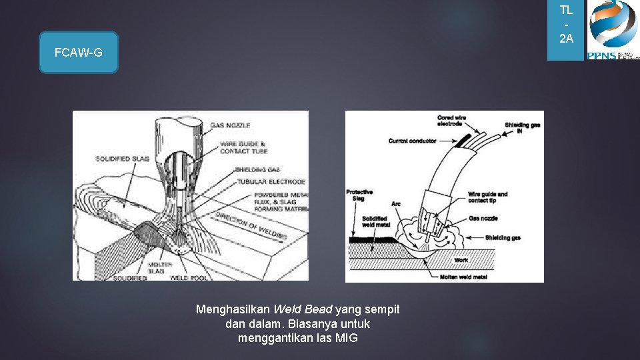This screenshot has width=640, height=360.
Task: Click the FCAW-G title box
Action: click(79, 52)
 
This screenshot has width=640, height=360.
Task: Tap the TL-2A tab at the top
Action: click(566, 25)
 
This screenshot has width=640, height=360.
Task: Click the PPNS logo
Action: click(613, 30)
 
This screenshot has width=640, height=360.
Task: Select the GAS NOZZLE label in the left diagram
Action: click(230, 125)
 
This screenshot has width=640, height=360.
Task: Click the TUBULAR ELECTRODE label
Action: click(270, 181)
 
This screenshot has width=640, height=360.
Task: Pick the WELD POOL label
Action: click(187, 277)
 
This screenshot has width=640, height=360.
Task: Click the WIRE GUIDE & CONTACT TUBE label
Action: click(244, 147)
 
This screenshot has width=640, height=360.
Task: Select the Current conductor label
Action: click(412, 141)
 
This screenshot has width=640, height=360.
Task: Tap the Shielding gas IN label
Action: click(521, 127)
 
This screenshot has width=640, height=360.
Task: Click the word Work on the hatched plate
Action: click(461, 259)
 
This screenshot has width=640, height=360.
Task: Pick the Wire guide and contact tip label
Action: click(487, 197)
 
